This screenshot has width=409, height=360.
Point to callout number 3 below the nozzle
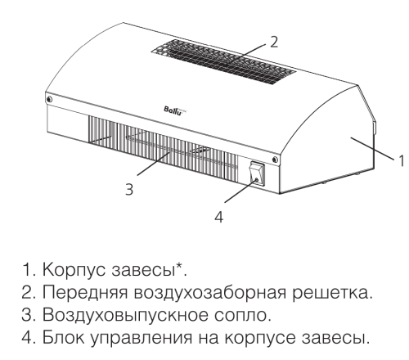tap(129, 188)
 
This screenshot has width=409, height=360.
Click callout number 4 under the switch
tap(220, 216)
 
